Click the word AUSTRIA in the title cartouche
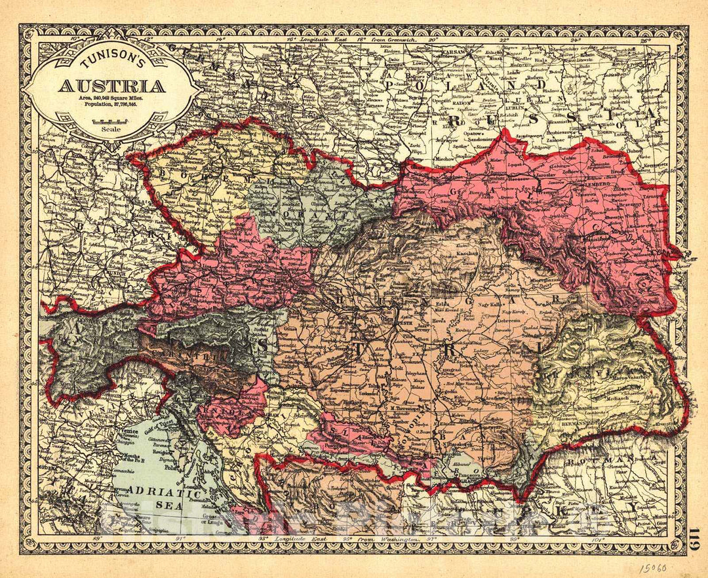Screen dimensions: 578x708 tap(113, 86)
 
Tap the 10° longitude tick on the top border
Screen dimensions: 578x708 tap(74, 39)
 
